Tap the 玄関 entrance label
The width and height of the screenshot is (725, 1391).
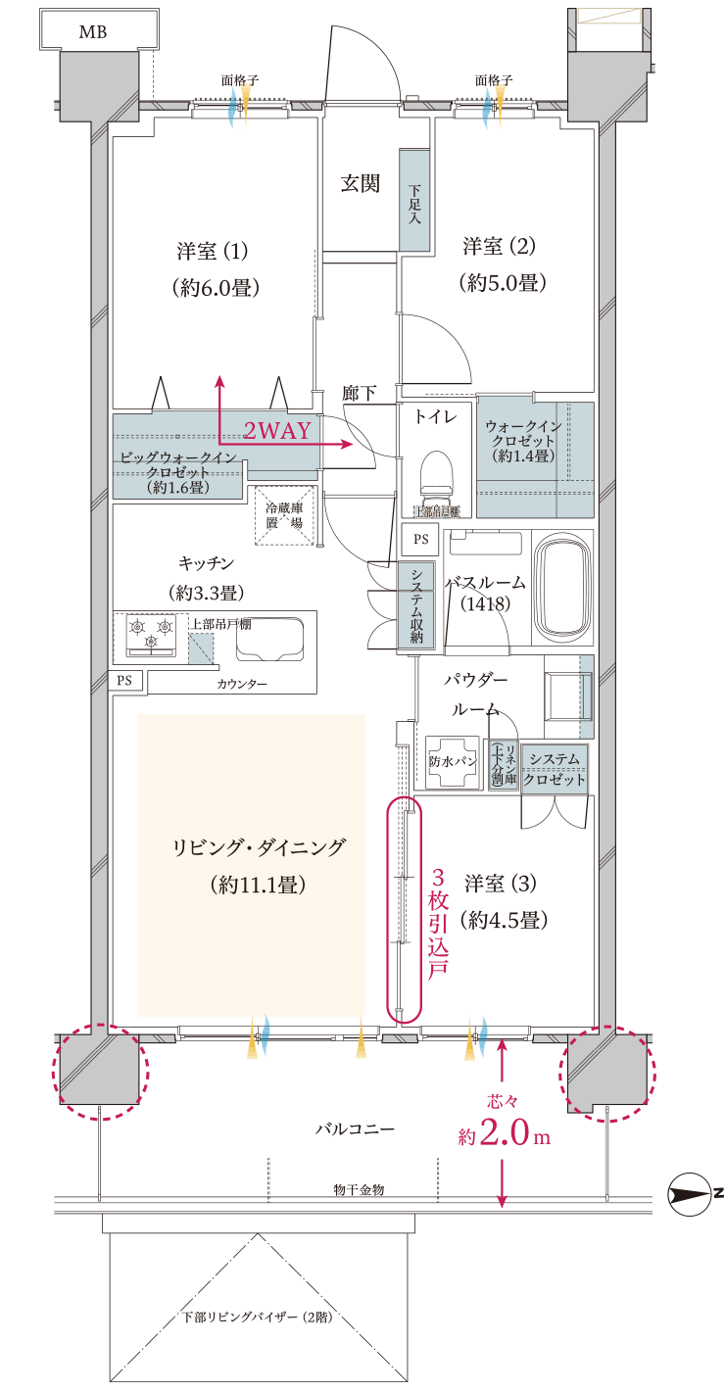tap(360, 183)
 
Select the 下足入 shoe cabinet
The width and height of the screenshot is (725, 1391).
tap(414, 201)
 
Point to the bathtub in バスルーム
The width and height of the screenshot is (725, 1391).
tap(563, 587)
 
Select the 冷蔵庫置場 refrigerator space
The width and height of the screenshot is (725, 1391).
tap(283, 515)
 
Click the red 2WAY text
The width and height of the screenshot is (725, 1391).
tap(276, 430)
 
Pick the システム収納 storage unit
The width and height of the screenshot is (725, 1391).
tap(416, 604)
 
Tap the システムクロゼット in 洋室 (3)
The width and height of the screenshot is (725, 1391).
tap(555, 768)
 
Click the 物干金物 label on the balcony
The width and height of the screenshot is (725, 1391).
tap(358, 1189)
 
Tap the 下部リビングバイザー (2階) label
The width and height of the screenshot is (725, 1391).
tap(258, 1318)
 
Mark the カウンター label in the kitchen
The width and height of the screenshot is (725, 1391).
tap(242, 683)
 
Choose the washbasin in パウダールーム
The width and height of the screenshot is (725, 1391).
tap(563, 695)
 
